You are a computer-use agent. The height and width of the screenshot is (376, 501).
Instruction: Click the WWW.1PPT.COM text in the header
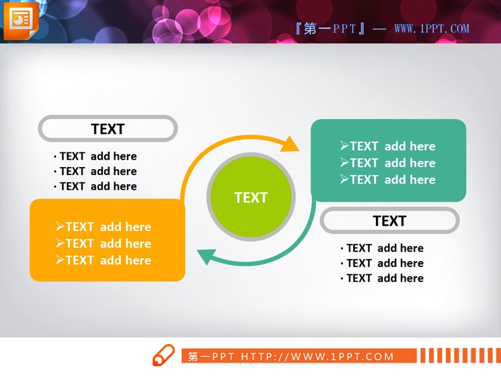pos(432,29)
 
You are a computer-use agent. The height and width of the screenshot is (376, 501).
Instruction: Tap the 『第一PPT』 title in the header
pos(330,29)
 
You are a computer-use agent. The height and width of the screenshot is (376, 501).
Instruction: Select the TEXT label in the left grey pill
pos(108,129)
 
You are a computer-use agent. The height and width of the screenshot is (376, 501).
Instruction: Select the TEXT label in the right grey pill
pos(389,221)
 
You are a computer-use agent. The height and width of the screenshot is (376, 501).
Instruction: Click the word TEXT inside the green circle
pos(251,198)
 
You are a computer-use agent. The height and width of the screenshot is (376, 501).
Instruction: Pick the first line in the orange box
pos(104,227)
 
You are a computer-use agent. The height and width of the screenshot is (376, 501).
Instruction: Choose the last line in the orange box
pos(104,260)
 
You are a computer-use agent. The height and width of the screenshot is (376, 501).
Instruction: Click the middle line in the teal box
pos(387,163)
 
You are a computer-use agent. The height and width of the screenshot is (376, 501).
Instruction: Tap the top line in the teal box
pos(387,146)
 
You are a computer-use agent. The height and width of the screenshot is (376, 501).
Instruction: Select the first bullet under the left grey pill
pos(96,156)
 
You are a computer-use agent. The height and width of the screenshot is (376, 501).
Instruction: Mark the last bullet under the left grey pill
pos(96,186)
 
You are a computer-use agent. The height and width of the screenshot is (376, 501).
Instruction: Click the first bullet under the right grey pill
pos(382,248)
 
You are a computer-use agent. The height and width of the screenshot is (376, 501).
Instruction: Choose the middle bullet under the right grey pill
pos(382,263)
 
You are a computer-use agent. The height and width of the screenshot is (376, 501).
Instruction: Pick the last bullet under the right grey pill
pos(382,278)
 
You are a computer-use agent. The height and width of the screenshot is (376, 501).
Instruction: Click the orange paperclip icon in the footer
pos(163,355)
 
